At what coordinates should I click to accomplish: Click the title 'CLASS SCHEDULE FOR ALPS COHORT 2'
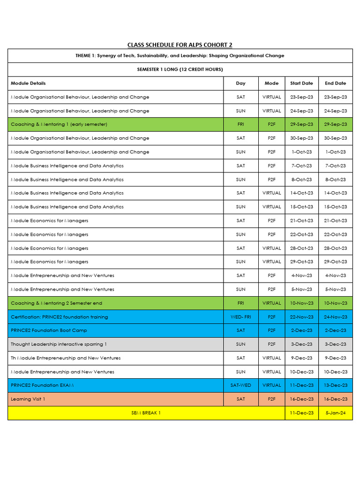click(x=180, y=45)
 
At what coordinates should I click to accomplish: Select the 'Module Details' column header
click(x=29, y=83)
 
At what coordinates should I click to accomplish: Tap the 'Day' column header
click(x=240, y=83)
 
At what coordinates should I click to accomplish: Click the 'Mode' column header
click(x=271, y=83)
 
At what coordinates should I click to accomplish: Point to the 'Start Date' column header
click(x=301, y=83)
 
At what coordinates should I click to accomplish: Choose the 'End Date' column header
click(x=335, y=83)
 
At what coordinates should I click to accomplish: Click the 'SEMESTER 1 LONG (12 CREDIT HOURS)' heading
click(x=180, y=69)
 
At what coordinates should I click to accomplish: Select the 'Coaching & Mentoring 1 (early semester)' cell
click(x=59, y=125)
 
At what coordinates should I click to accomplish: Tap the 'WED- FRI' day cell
click(x=240, y=317)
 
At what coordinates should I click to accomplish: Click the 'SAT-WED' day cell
click(x=240, y=385)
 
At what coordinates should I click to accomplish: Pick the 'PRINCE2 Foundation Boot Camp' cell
click(x=49, y=330)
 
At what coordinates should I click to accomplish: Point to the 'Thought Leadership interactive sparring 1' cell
click(x=59, y=344)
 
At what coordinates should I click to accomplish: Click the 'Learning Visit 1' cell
click(x=28, y=399)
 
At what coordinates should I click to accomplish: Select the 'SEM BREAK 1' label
click(x=146, y=413)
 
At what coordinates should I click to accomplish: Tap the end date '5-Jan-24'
click(x=335, y=413)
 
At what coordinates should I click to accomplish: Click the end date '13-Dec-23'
click(x=335, y=385)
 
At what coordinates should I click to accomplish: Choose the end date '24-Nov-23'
click(x=335, y=317)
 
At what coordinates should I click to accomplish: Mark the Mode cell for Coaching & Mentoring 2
click(x=271, y=303)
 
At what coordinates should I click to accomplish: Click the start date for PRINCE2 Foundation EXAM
click(x=301, y=385)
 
